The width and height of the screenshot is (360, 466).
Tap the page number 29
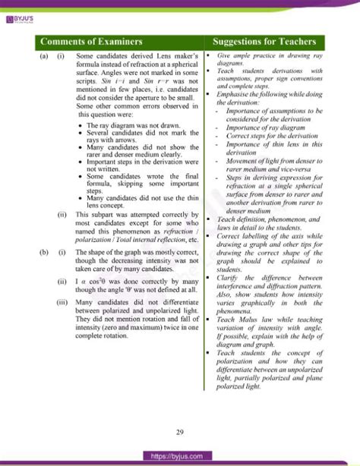(179, 433)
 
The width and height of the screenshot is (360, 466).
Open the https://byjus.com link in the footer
(179, 456)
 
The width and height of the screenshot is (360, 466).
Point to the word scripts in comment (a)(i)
(89, 76)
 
